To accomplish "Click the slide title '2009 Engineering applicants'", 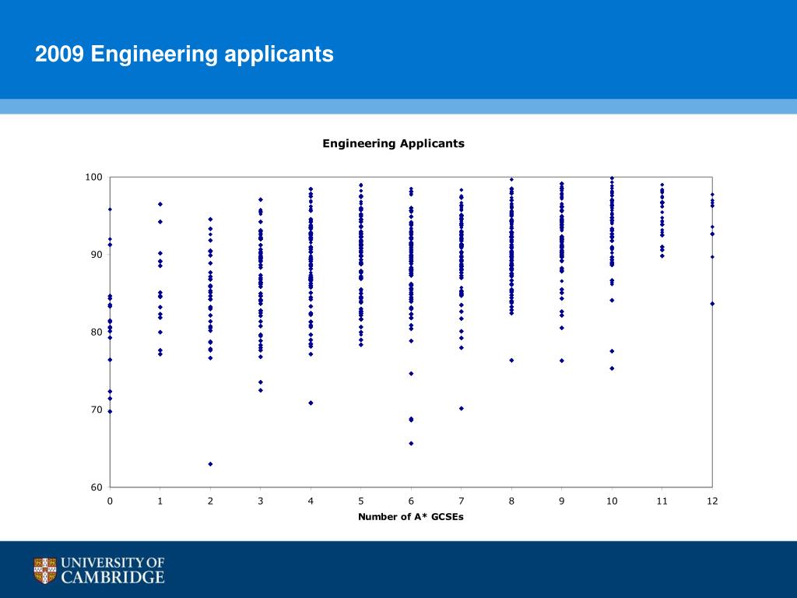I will click(184, 55).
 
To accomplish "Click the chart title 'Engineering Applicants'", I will click(393, 143).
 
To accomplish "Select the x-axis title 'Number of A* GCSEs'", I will click(410, 517).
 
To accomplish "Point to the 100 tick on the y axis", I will click(94, 178).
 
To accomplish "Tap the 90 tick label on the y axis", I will click(97, 255).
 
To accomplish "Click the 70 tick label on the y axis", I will click(97, 410).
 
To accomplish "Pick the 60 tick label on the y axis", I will click(97, 487).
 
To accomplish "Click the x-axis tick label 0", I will click(110, 501).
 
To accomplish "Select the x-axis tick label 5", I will click(361, 501).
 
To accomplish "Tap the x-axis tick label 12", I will click(712, 501).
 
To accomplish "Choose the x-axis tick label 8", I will click(511, 501).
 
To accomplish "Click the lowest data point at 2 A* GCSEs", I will click(210, 464).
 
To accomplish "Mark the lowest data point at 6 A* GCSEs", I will click(411, 443).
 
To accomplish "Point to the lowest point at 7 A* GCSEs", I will click(462, 408).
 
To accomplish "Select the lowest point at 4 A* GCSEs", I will click(311, 403).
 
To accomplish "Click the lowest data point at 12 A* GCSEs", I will click(712, 304).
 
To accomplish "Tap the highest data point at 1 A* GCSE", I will click(160, 204).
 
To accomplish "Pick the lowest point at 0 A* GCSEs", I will click(110, 411).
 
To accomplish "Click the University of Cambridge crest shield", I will click(45, 571).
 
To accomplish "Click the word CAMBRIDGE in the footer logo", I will click(113, 578).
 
